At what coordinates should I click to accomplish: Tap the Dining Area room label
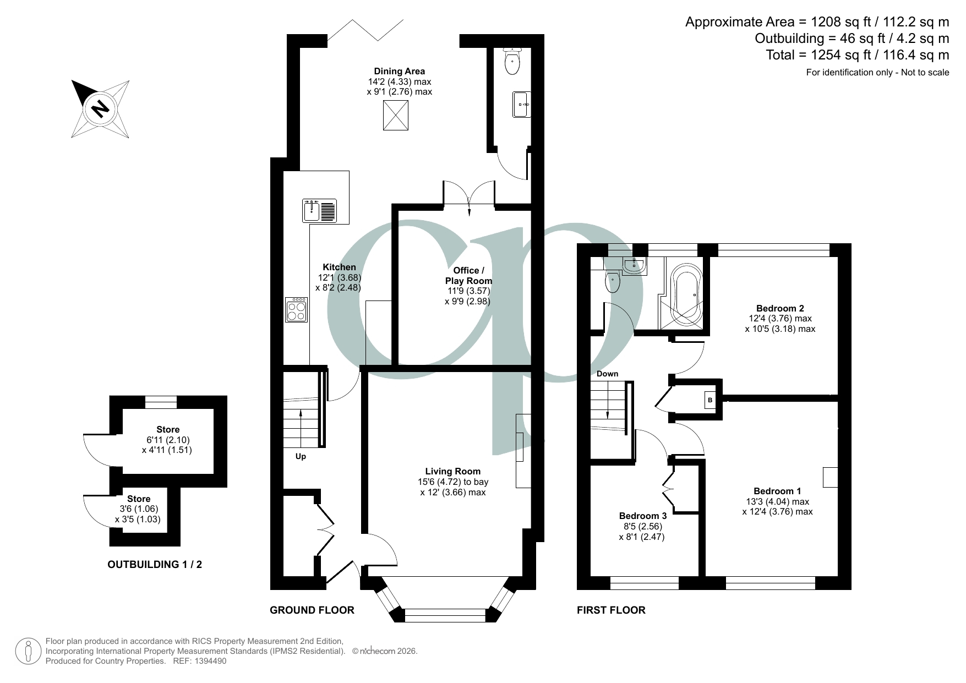pos(399,71)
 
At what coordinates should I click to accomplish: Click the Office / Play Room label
pos(468,275)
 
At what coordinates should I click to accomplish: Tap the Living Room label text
pos(452,471)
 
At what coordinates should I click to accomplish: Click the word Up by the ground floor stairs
pos(301,456)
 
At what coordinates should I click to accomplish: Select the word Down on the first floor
pos(607,374)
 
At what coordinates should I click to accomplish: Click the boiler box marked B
pos(710,400)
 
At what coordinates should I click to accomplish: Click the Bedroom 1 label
pos(777,491)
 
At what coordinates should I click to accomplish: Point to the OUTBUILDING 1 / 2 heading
pos(155,564)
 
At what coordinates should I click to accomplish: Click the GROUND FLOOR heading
pos(312,610)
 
